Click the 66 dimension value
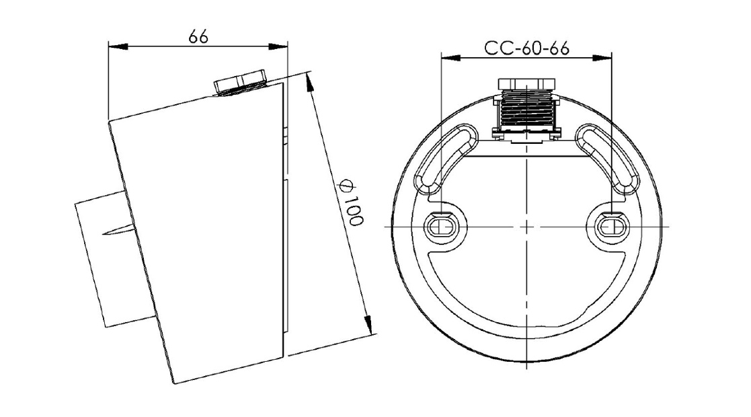[198, 36]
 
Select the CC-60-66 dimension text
[526, 48]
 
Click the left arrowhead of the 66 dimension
[118, 46]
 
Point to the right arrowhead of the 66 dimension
[278, 46]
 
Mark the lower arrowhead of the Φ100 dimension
[369, 324]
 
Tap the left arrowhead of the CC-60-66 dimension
[450, 58]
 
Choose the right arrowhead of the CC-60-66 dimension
[602, 58]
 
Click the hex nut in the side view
[240, 83]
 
